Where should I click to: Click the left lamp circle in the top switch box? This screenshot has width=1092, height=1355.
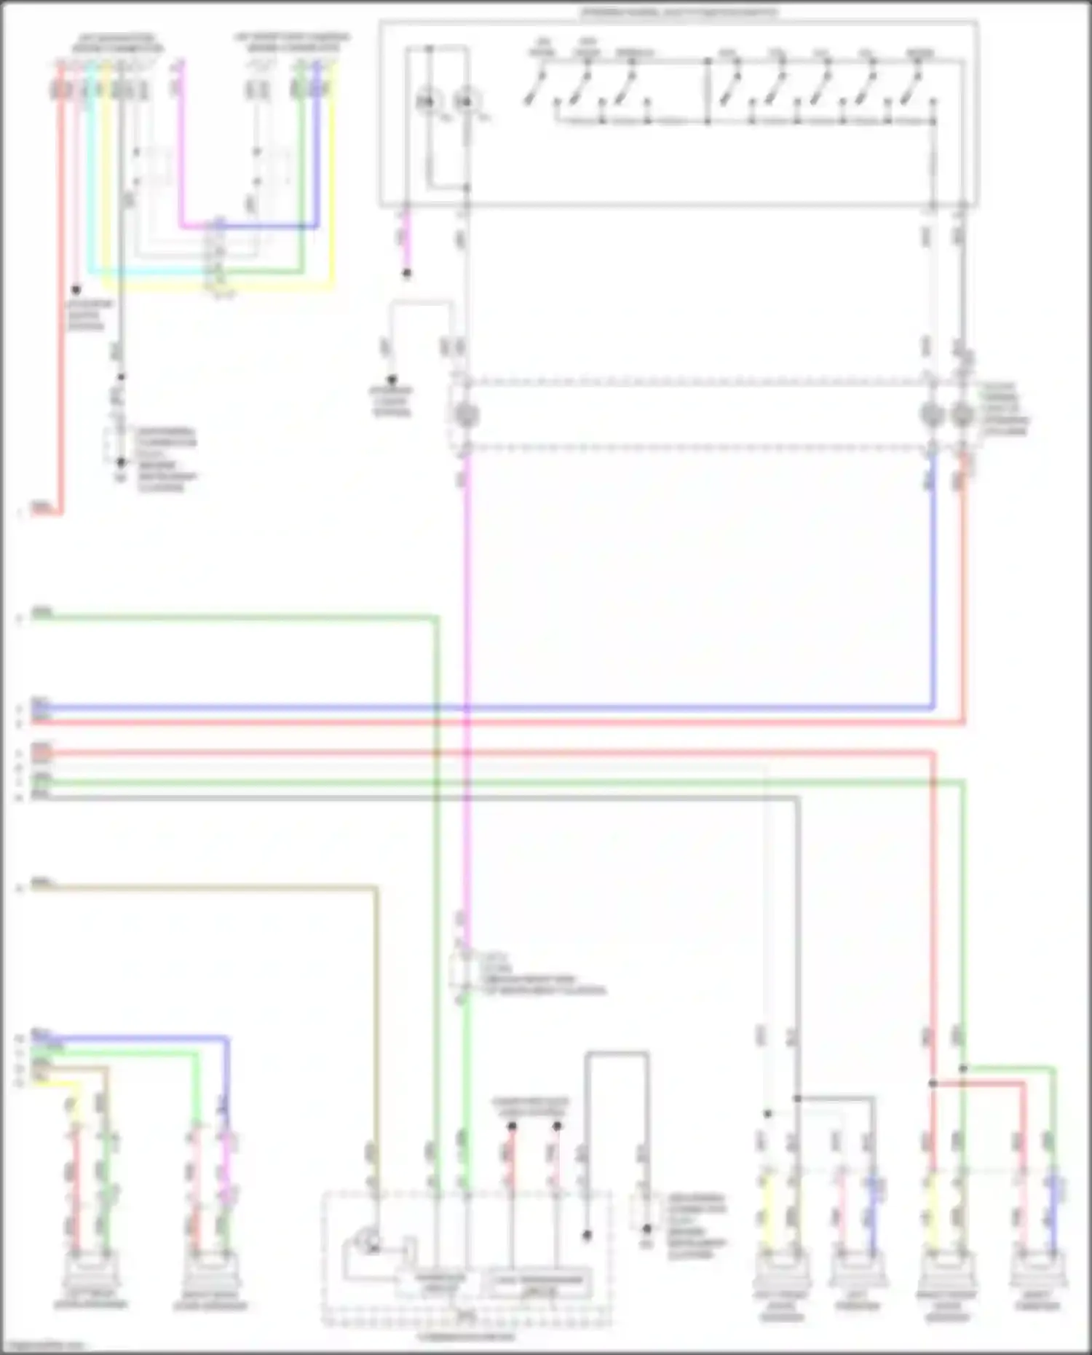coord(427,103)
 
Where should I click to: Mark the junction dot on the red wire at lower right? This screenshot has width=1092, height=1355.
coord(933,1084)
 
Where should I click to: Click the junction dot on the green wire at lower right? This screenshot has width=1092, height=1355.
coord(963,1069)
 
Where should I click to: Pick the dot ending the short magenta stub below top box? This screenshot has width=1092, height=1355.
coord(407,274)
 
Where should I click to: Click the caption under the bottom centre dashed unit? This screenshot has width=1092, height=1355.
coord(466,1337)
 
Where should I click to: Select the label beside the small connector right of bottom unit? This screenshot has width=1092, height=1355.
coord(695,1226)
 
